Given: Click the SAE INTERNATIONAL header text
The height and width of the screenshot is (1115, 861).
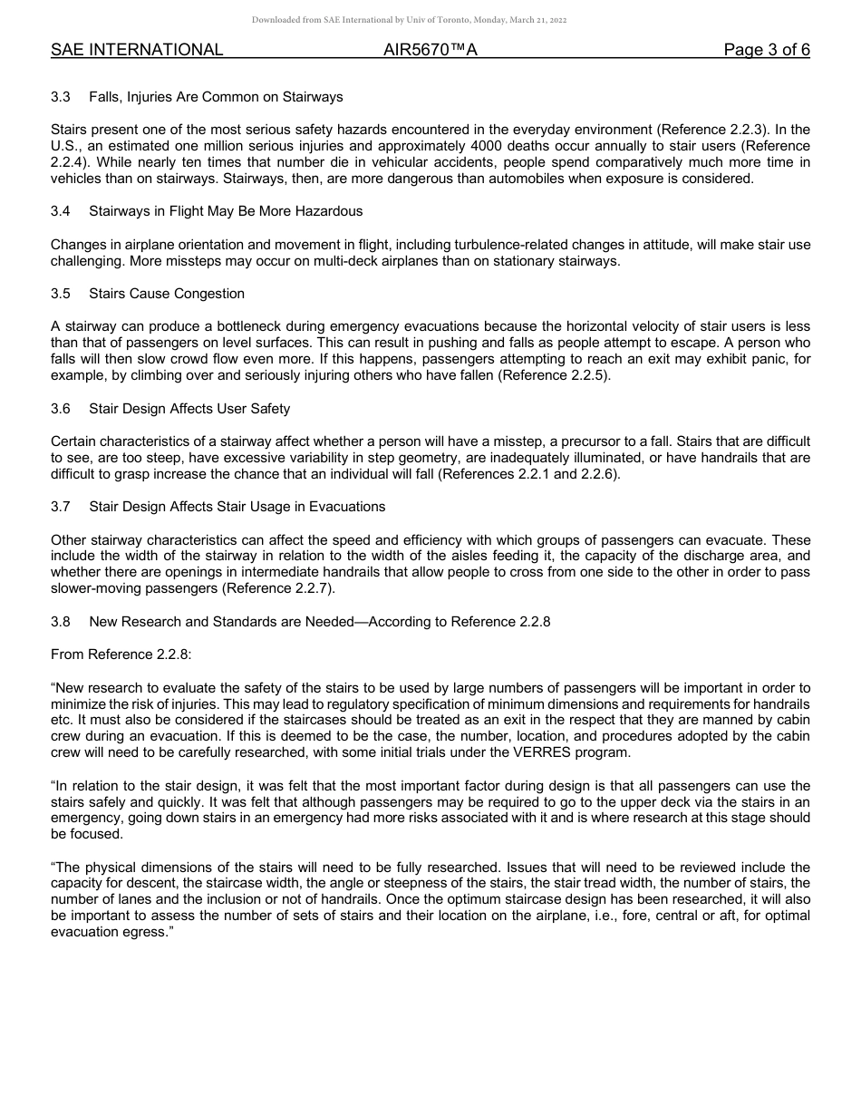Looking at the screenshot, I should pos(137,50).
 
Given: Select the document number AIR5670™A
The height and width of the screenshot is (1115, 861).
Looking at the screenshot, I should pos(430,50).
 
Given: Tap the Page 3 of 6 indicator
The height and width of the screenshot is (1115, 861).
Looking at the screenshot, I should pos(766,50).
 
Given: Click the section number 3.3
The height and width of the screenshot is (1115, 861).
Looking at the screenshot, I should pos(61,96).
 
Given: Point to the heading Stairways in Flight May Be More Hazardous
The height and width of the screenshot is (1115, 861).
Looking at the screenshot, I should pos(226,211).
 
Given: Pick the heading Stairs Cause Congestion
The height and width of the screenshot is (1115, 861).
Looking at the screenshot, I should pos(167,294).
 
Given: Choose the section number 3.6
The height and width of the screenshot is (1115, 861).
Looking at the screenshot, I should pos(61,409).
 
